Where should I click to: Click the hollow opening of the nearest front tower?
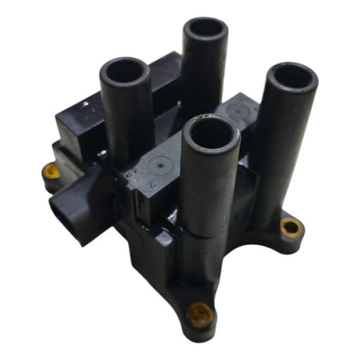point(209,133)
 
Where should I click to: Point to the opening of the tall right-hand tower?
point(293,77)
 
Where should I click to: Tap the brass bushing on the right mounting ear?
point(291,226)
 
